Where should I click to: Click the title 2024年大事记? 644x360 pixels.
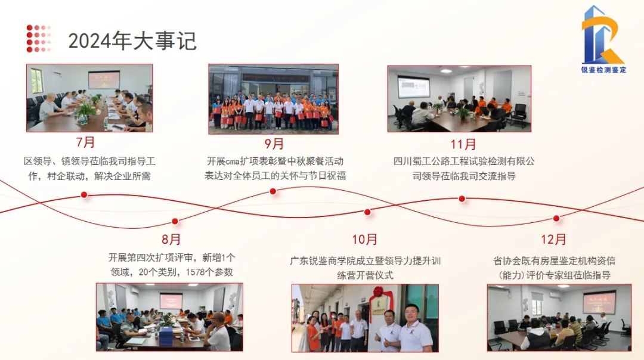(132, 41)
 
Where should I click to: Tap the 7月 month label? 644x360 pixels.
(85, 142)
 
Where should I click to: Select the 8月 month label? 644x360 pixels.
(171, 240)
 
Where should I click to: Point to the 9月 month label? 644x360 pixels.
(274, 144)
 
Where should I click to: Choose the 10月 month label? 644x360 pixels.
(365, 240)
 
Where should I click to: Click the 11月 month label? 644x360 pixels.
(463, 144)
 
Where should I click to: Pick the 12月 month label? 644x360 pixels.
(553, 240)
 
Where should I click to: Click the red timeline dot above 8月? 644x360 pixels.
(175, 221)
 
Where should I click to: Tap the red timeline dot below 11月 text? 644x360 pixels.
(462, 198)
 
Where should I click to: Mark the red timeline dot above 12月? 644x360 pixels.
(556, 218)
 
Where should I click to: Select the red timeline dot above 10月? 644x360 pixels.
(367, 212)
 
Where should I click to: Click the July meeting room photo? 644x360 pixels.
(89, 98)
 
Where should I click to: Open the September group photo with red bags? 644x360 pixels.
(274, 99)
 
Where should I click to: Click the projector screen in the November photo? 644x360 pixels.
(414, 86)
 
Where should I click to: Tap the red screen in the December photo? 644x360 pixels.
(599, 302)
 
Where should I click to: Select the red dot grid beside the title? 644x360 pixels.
(39, 39)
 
